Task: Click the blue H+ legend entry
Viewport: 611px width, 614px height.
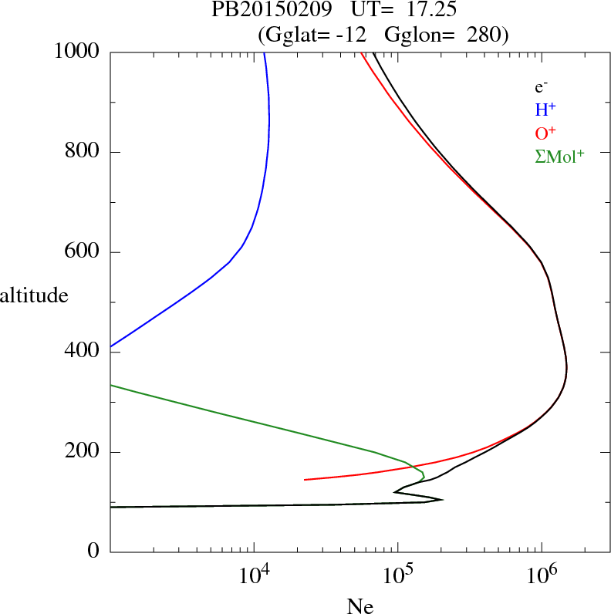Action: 546,110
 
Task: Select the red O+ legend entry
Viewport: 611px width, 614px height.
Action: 546,133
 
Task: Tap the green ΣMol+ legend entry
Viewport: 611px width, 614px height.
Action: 559,156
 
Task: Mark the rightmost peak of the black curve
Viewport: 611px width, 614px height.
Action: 567,369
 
